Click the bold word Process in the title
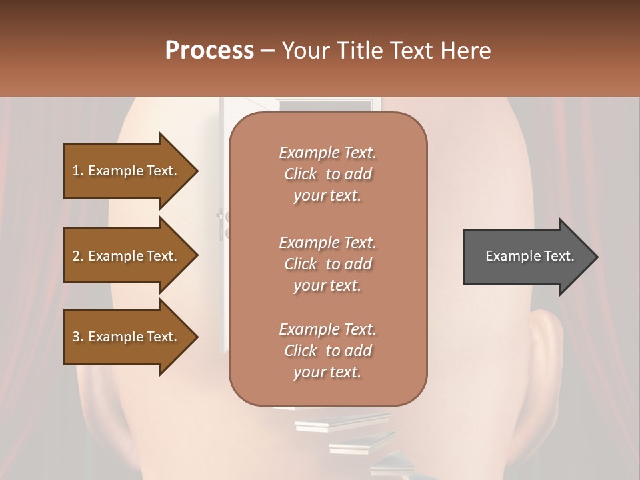pos(209,51)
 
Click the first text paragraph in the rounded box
pos(327,174)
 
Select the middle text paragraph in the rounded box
pos(327,264)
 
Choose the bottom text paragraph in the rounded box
pos(327,351)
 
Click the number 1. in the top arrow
pos(78,171)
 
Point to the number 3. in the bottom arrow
pos(78,337)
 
